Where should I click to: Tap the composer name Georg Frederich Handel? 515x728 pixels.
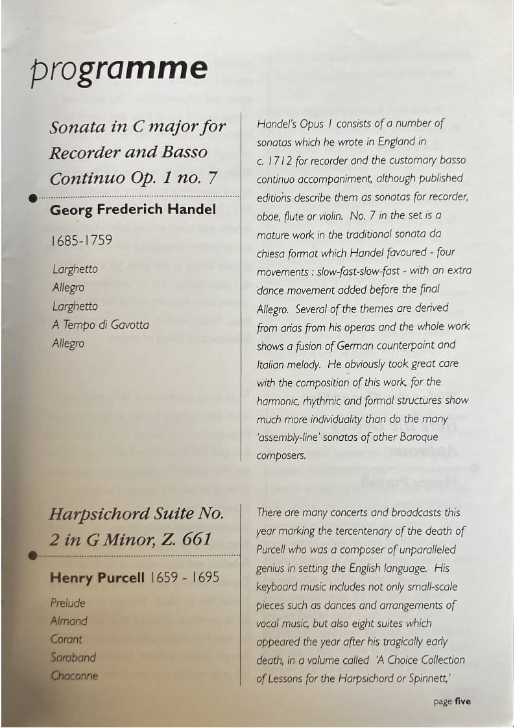point(133,210)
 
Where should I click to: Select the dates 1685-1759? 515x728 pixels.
point(81,241)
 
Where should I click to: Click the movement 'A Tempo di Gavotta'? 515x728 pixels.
point(101,325)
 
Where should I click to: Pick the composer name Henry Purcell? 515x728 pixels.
point(97,578)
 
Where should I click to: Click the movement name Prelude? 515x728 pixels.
point(68,603)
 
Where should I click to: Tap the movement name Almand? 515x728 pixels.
point(69,621)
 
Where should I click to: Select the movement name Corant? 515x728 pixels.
point(66,639)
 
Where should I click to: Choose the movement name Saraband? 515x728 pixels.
point(73,657)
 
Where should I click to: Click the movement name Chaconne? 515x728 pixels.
point(75,675)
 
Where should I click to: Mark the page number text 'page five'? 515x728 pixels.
point(452,701)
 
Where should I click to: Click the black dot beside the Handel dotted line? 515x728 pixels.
point(32,198)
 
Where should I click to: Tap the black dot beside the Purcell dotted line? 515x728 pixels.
point(32,556)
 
